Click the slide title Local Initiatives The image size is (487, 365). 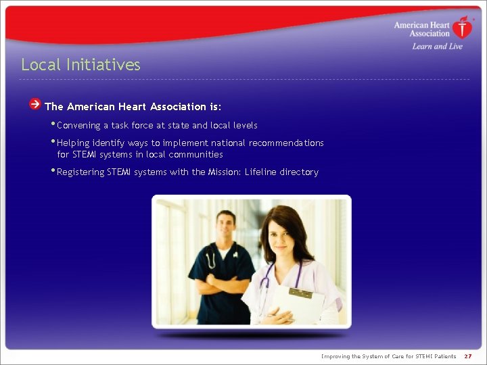[80, 65]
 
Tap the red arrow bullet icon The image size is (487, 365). [35, 104]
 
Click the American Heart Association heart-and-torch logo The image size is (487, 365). [463, 28]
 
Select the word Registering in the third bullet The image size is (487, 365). [80, 172]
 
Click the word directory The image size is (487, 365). [300, 172]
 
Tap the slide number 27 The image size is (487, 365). [468, 356]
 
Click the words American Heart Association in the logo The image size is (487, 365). [422, 29]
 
